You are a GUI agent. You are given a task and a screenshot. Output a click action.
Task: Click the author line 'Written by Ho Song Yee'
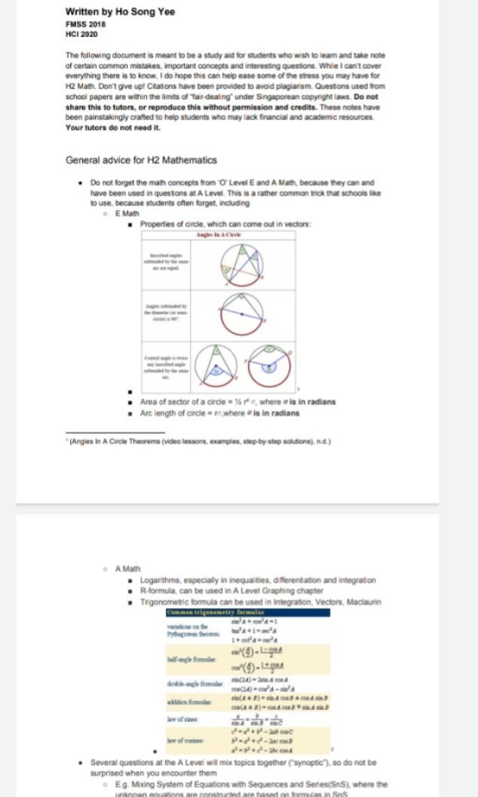[120, 12]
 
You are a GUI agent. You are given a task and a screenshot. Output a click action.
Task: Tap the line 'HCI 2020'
[81, 34]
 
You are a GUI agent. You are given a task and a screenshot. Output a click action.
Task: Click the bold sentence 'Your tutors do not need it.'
[113, 127]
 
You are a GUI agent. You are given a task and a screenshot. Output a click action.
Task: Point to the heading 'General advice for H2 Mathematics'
[141, 160]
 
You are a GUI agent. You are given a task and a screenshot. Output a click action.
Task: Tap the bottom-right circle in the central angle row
[270, 364]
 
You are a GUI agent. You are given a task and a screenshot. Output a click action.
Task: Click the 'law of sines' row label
[183, 719]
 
